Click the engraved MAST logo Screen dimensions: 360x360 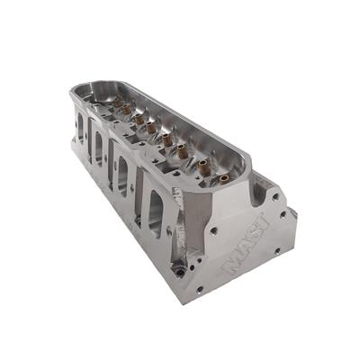(246, 244)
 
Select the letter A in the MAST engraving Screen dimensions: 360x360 (243, 249)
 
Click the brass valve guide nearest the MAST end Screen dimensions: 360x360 (224, 179)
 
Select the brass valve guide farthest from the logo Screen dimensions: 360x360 (118, 103)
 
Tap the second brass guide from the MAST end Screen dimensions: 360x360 (203, 165)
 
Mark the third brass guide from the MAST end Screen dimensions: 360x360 (182, 151)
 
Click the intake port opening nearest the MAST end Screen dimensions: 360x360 (156, 213)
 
